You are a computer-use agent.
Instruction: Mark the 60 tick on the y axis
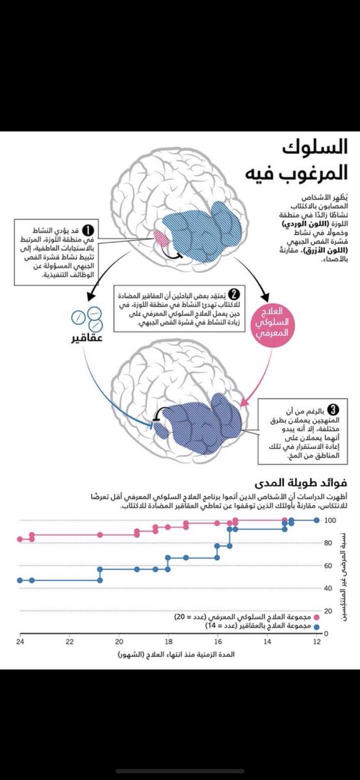point(329,566)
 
